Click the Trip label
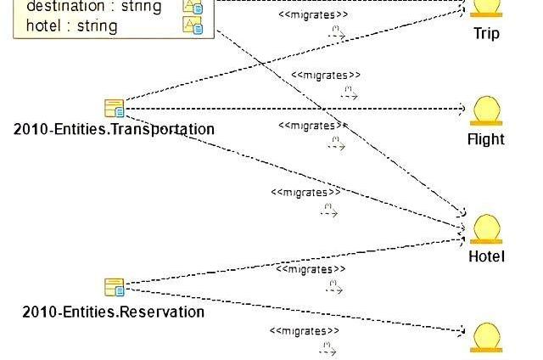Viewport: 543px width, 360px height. pos(486,34)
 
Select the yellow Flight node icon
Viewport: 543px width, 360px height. pos(486,111)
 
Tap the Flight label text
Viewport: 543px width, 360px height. pos(486,139)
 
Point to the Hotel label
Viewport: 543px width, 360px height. pos(486,256)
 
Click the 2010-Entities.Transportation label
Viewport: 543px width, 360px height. pos(114,130)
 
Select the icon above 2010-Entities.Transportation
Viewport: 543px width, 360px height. pos(114,108)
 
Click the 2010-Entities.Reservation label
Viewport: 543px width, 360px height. pos(114,312)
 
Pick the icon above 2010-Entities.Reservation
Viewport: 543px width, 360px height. pos(114,287)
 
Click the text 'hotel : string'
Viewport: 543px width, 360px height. pos(71,26)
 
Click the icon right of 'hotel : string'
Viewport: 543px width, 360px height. pos(193,25)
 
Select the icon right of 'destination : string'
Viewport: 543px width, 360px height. pos(193,7)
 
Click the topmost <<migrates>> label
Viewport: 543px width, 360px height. pos(314,14)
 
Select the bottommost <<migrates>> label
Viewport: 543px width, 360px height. pos(305,331)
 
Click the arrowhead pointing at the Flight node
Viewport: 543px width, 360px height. pos(462,109)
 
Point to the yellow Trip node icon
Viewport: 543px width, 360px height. pos(486,8)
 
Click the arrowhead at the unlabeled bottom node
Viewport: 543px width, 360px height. pos(462,330)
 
